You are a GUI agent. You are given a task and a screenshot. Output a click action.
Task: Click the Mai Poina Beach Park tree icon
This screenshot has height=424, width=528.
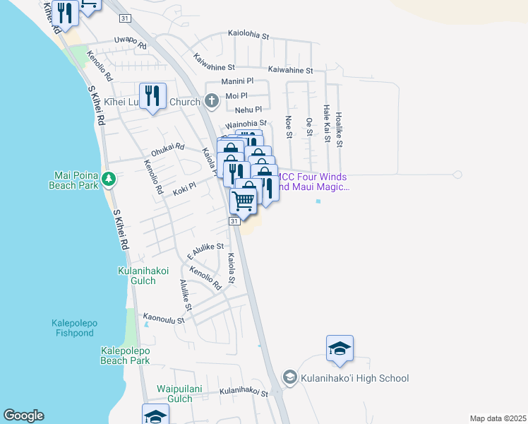click(x=108, y=179)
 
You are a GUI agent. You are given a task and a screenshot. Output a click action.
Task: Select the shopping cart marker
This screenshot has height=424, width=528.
click(x=244, y=200)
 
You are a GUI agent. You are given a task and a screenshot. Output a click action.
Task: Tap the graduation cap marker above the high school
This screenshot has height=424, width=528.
click(x=340, y=348)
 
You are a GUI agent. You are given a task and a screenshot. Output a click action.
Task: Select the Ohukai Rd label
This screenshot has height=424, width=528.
click(x=167, y=149)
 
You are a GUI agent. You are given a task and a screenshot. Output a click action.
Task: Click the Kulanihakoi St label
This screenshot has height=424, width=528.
click(x=244, y=391)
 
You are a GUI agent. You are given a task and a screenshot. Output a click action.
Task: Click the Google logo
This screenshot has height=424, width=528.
click(x=23, y=416)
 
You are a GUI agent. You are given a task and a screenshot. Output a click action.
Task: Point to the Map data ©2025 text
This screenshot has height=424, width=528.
click(x=498, y=418)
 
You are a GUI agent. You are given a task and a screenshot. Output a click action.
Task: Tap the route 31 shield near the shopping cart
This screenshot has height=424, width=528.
click(x=233, y=221)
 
